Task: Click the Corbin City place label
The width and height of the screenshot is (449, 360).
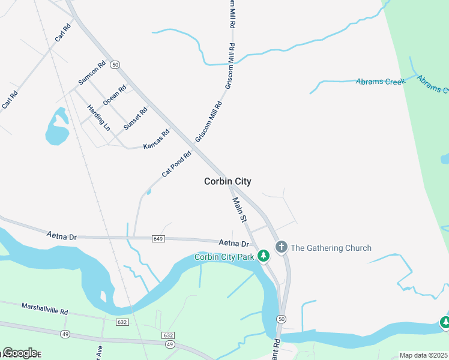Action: coord(228,181)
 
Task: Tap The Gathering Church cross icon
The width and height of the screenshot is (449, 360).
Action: coord(281,247)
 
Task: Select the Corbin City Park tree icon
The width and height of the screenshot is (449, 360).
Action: coord(263,256)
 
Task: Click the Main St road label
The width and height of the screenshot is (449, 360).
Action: coord(240,211)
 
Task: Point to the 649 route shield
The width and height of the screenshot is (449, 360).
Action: coord(158,238)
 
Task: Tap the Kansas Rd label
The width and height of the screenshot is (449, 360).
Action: coord(156,139)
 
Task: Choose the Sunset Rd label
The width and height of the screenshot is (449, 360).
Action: coord(135,119)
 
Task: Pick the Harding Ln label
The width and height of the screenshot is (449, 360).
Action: coord(99,118)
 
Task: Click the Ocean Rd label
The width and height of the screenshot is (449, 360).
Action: coord(115,95)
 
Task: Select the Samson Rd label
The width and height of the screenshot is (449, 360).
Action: coord(92,73)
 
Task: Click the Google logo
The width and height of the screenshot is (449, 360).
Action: coord(19,352)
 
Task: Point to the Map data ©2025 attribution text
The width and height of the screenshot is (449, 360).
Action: coord(424,355)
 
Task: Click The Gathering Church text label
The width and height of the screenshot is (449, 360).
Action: coord(331,248)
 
